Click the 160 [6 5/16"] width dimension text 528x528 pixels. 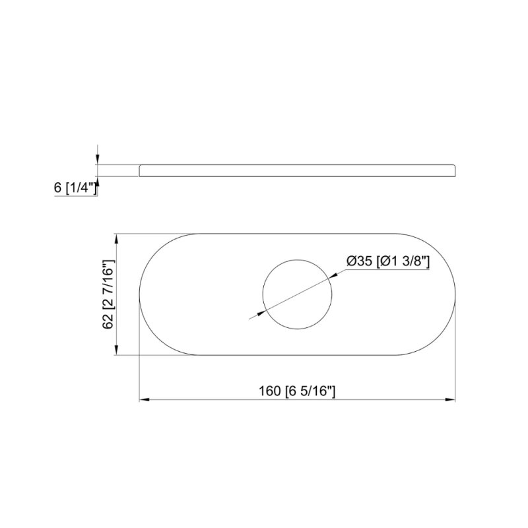point(297,390)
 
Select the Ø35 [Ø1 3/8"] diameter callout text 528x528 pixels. point(388,261)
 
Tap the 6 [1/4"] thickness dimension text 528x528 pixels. point(76,188)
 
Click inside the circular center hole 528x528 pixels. point(296,294)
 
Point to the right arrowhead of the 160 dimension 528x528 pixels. point(452,400)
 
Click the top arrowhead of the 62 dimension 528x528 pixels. point(117,238)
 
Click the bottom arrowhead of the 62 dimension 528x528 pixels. point(117,352)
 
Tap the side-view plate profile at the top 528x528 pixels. point(297,170)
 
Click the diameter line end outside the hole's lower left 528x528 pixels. point(249,319)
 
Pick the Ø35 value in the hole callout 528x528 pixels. point(360,261)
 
